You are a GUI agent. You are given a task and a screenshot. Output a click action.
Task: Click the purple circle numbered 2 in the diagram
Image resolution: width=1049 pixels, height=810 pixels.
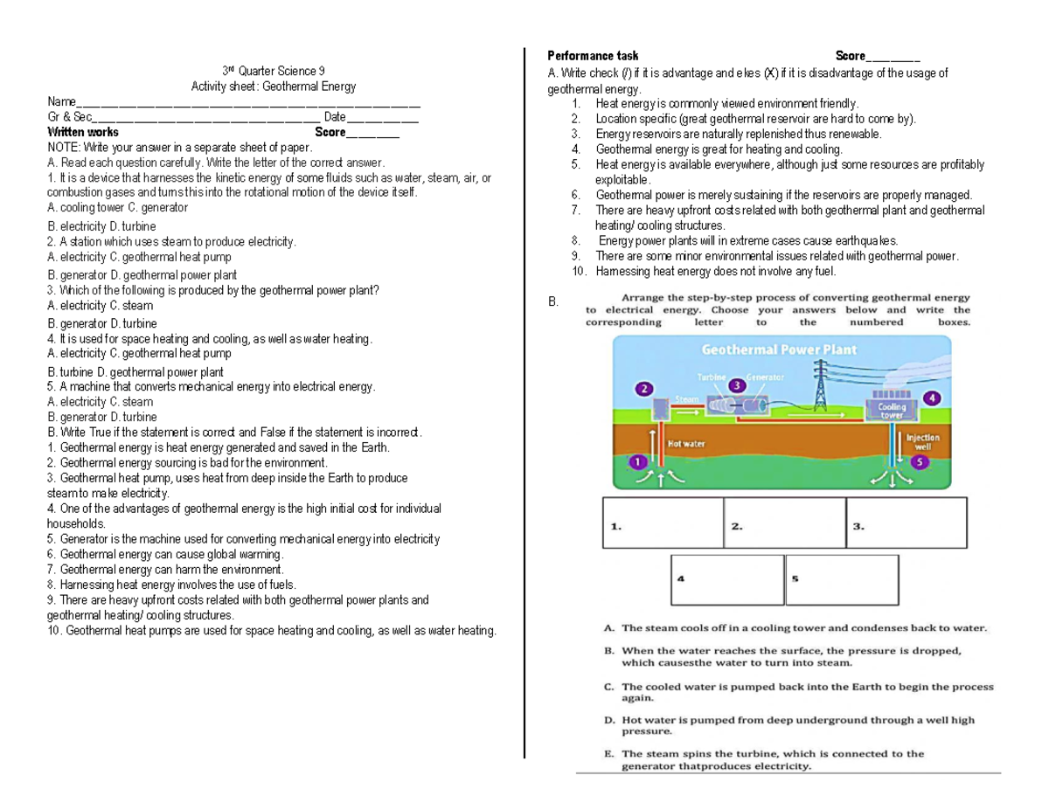coord(644,388)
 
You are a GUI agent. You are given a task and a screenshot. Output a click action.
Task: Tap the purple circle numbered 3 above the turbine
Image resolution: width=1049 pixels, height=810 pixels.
coord(738,384)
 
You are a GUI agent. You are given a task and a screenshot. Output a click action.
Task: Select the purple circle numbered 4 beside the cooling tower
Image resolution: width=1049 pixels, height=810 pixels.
coord(932,398)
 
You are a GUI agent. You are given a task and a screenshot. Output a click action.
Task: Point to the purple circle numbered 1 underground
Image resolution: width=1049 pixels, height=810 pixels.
coord(638,460)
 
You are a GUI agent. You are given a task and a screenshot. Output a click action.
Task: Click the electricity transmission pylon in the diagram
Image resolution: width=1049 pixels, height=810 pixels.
coord(821,386)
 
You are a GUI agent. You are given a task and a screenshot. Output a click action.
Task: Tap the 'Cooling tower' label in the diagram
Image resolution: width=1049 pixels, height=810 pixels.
coord(892,411)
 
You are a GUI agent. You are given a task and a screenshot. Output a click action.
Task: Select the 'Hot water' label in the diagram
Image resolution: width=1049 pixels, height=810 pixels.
coord(687,443)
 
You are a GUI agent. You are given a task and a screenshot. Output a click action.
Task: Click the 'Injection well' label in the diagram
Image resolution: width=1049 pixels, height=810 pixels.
coord(923,441)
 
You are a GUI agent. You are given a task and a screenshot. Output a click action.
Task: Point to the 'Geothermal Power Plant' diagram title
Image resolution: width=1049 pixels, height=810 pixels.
coord(779,350)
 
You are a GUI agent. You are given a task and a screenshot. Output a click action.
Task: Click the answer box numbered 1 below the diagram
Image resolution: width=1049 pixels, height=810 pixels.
coord(663,523)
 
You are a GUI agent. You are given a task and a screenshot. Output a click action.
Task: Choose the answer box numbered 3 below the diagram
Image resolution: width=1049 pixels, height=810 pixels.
coord(907,523)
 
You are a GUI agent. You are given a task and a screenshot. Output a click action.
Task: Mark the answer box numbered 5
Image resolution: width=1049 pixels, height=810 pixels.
coord(842,580)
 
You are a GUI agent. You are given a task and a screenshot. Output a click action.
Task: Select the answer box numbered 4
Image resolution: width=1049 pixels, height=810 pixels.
coord(727,580)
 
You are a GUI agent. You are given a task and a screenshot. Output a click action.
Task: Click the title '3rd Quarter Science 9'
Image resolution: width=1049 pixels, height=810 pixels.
coord(273,71)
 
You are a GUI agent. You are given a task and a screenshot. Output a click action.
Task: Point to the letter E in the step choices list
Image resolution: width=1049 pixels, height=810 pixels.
coord(608,753)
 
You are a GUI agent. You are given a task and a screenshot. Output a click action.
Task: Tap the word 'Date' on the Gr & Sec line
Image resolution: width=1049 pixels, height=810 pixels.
coord(335,118)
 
